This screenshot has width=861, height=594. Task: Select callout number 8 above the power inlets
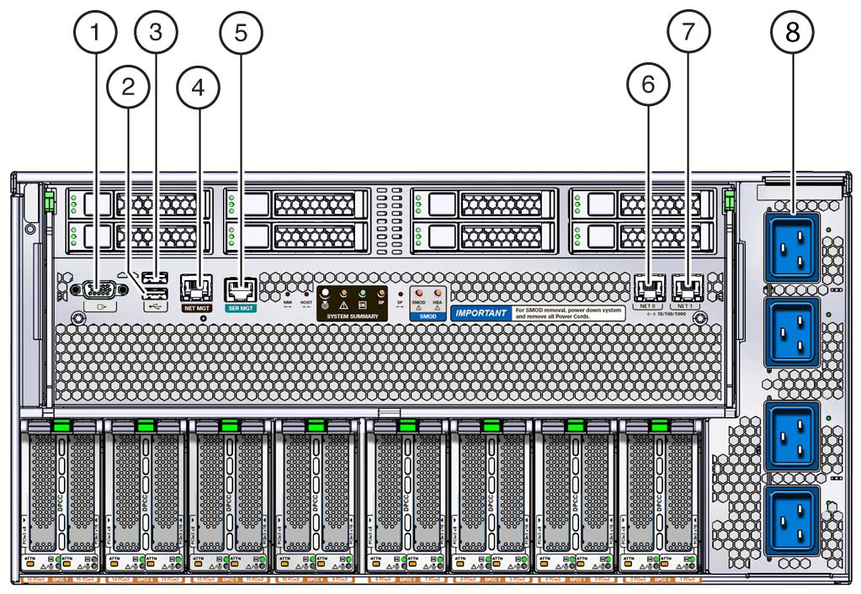(x=794, y=34)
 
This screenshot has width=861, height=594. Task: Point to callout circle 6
(x=648, y=84)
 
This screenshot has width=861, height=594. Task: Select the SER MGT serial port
(x=242, y=289)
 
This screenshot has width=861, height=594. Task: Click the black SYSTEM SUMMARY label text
(x=353, y=315)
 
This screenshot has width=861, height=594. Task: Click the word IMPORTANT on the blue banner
(x=481, y=314)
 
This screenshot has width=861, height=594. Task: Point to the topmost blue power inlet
(x=791, y=247)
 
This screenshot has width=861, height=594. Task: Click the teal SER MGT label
(x=242, y=309)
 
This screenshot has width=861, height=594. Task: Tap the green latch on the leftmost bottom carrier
(x=61, y=426)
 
